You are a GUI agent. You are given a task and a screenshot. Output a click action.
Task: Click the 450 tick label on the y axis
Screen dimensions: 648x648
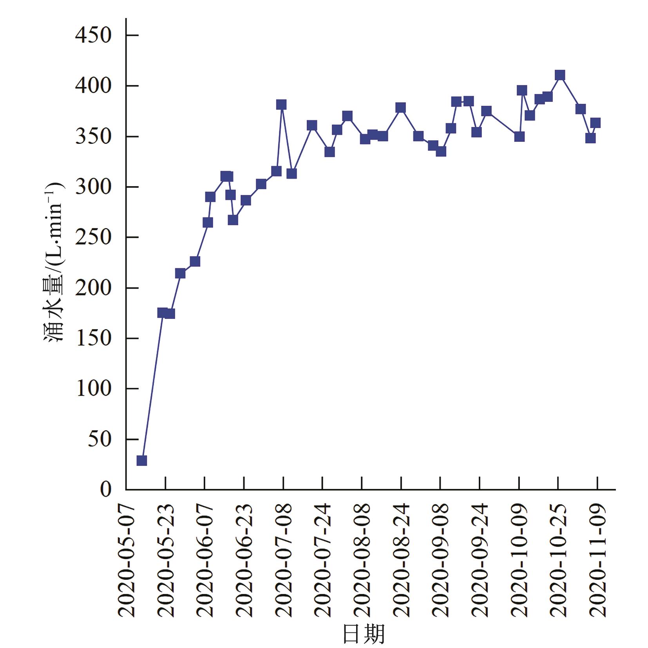coord(93,35)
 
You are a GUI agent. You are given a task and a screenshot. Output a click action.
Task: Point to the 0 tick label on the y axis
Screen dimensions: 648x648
coord(105,489)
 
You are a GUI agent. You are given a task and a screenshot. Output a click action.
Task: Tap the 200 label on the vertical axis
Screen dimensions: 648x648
coord(93,288)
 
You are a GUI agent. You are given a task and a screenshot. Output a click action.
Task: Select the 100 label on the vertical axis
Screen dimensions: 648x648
coord(93,389)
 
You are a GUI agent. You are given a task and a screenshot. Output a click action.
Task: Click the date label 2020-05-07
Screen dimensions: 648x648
coord(127,561)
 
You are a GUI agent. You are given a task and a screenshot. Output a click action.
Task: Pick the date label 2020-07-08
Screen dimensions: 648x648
coord(283,561)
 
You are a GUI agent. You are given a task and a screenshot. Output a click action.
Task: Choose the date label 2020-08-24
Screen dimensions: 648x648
coord(401,561)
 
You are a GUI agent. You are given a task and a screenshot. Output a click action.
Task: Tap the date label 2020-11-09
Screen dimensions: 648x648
coord(597,561)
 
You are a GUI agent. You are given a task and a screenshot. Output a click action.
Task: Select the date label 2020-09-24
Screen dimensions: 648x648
coord(480,561)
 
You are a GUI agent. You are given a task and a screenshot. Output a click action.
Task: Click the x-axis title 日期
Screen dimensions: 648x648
coord(363,634)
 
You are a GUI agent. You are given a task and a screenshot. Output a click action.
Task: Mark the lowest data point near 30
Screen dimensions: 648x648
coord(142,460)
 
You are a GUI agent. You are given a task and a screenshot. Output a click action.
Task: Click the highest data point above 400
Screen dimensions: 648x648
coord(560,75)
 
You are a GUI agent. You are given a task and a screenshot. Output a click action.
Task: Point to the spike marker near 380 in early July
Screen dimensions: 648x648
coord(281,105)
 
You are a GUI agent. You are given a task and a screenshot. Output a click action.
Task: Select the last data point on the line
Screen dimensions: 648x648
coord(595,123)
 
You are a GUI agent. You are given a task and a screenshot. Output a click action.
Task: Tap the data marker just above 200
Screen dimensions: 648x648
coord(180,273)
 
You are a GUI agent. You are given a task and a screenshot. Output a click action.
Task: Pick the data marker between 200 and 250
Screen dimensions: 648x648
coord(195,261)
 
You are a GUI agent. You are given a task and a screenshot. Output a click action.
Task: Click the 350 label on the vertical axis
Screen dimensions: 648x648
coord(93,136)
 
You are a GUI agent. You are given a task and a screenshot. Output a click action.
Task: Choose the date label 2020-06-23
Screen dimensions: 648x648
coord(244,561)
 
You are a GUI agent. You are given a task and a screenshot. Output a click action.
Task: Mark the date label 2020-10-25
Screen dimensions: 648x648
coord(558,561)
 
